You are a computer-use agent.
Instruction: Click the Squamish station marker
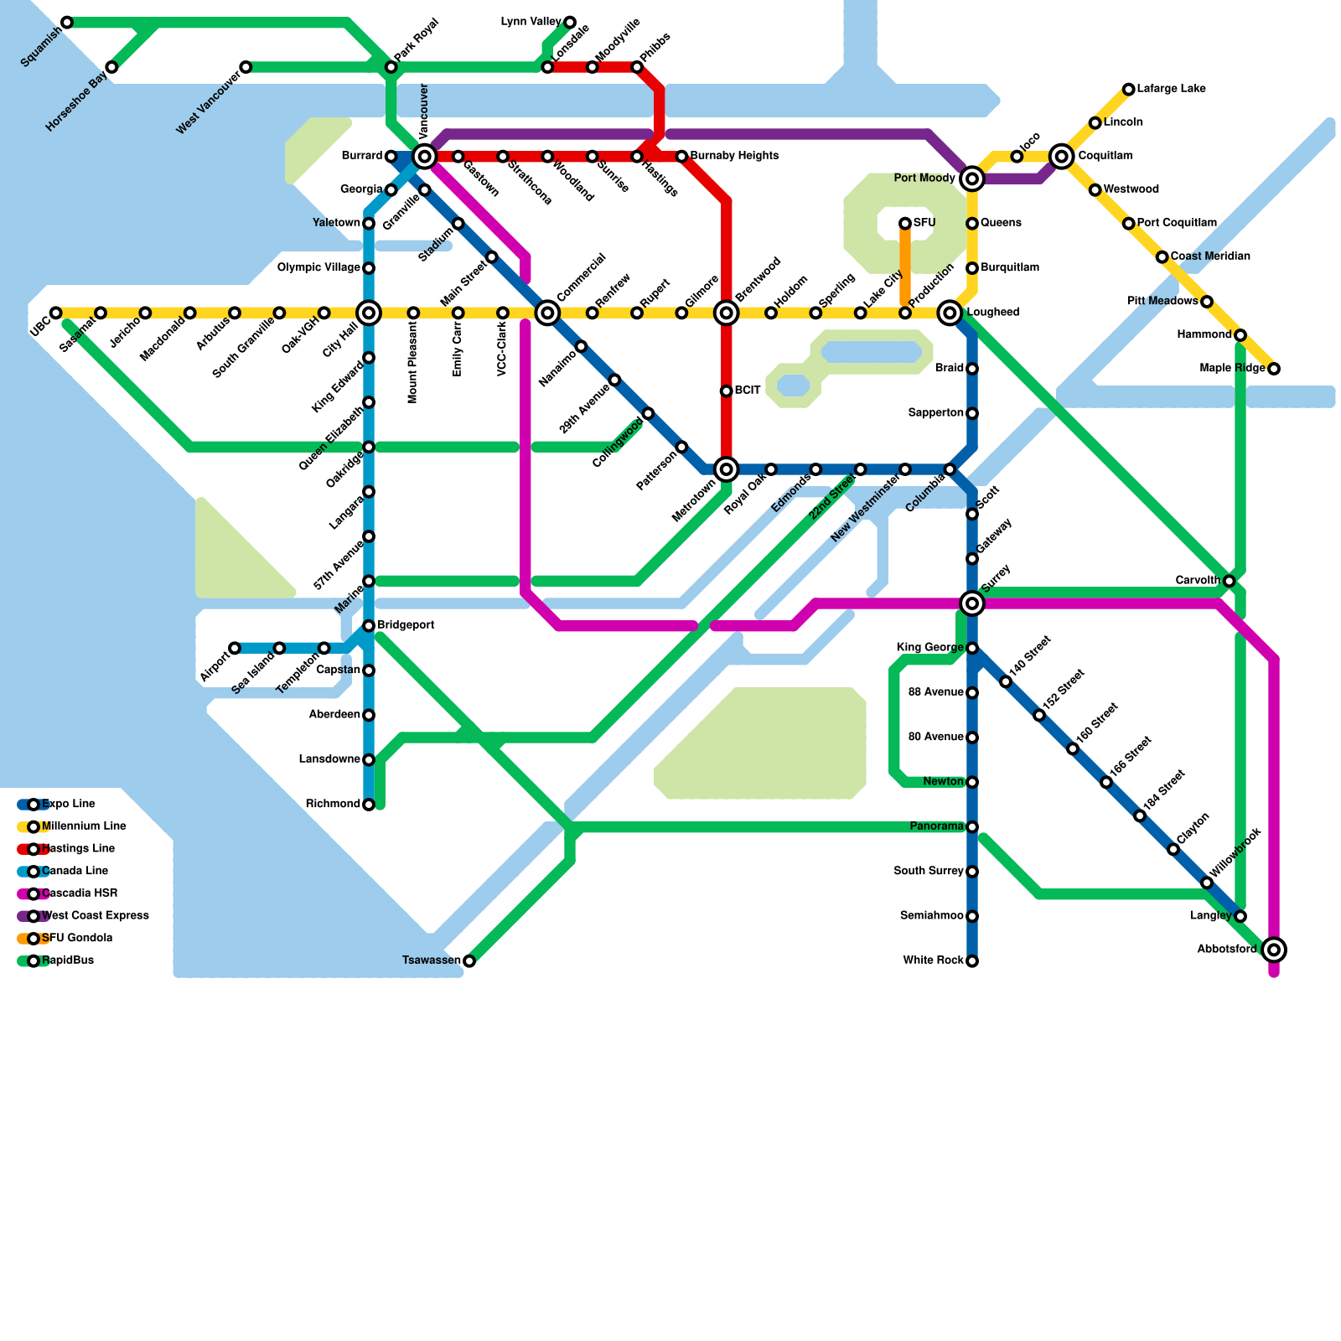tap(67, 23)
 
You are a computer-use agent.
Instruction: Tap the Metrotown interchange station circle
tap(727, 469)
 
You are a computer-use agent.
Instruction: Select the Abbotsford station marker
tap(1274, 950)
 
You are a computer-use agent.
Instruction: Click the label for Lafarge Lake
tap(1171, 89)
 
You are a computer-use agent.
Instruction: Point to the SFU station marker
tap(905, 223)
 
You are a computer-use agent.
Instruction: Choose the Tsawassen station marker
tap(469, 960)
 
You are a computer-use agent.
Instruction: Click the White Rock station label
tap(933, 960)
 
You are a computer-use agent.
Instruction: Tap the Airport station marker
tap(235, 648)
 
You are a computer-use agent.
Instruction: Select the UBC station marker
tap(56, 313)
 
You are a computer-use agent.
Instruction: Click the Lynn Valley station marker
tap(570, 22)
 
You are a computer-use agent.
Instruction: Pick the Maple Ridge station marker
tap(1274, 369)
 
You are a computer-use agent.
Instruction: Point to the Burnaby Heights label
tap(734, 156)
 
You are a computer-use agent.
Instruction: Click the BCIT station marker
tap(727, 391)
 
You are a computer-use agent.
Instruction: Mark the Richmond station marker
tap(369, 805)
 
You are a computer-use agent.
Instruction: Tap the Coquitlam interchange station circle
tap(1062, 156)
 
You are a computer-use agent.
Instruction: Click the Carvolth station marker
tap(1229, 581)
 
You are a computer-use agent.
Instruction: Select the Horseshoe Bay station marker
tap(111, 67)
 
